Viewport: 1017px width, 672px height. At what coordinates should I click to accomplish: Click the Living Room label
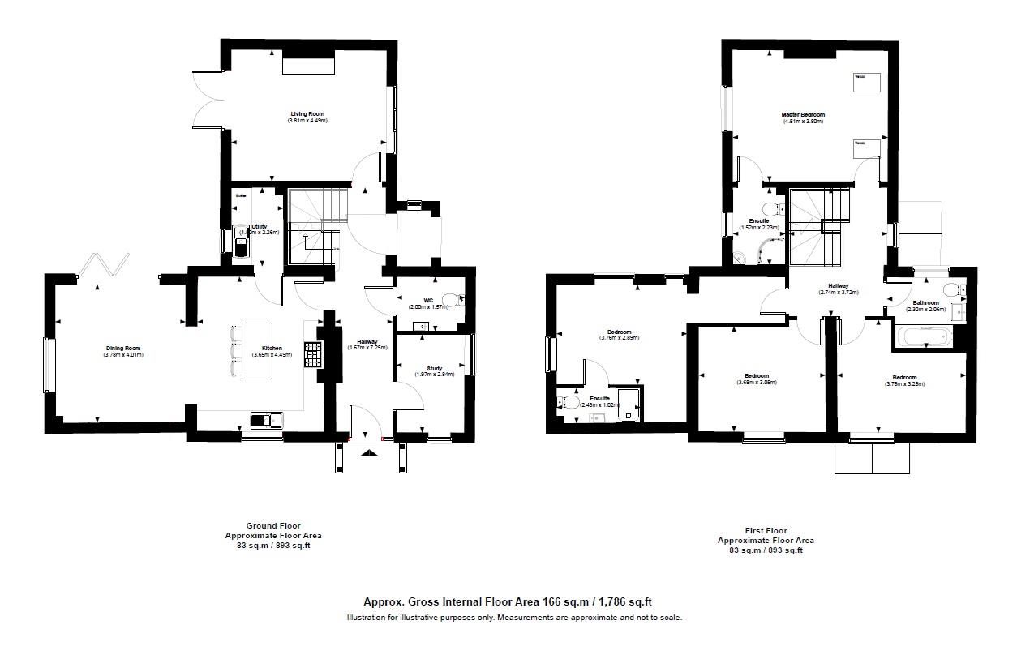coord(307,114)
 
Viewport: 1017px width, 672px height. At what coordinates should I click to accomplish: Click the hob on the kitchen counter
coord(312,354)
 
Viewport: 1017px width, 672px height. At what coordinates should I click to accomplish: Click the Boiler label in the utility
coord(241,195)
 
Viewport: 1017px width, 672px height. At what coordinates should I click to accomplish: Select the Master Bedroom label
coord(803,115)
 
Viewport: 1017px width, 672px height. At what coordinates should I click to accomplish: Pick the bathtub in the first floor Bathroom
coord(926,336)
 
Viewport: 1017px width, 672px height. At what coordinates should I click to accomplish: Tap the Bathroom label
coord(925,302)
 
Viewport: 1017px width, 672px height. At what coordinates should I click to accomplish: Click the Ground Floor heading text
coord(273,525)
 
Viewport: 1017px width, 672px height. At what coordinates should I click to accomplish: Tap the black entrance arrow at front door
coord(368,454)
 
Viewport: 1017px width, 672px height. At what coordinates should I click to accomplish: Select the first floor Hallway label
coord(838,286)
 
